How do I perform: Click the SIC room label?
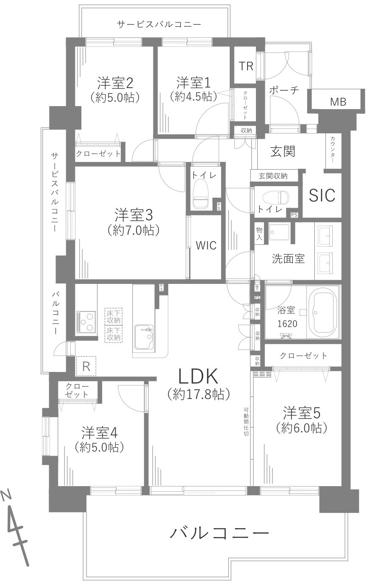pyautogui.click(x=322, y=195)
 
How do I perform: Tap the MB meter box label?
pyautogui.click(x=338, y=102)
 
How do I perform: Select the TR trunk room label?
pyautogui.click(x=246, y=66)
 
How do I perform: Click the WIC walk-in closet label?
pyautogui.click(x=206, y=246)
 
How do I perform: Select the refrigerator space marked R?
pyautogui.click(x=86, y=366)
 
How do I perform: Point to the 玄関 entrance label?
pyautogui.click(x=283, y=151)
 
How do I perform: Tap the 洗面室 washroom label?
pyautogui.click(x=288, y=259)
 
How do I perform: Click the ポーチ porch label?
pyautogui.click(x=284, y=91)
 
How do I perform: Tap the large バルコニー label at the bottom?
pyautogui.click(x=219, y=533)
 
